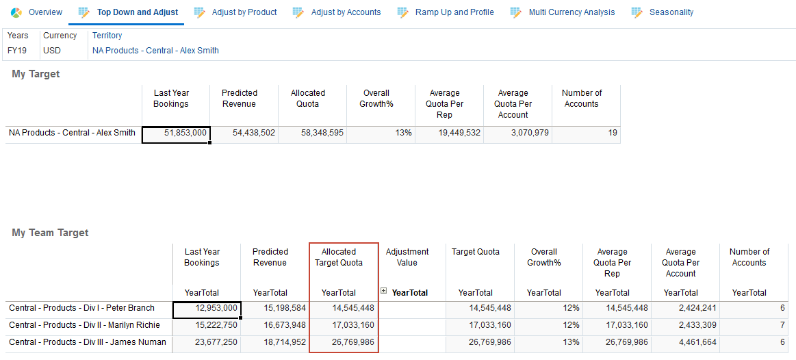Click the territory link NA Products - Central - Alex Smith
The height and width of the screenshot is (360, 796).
click(x=155, y=51)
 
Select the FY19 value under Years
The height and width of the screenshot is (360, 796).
click(x=18, y=51)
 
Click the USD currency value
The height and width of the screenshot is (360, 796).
click(x=51, y=51)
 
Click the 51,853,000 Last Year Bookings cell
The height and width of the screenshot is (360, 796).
click(x=176, y=133)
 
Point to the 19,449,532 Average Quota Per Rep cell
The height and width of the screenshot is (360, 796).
click(x=448, y=133)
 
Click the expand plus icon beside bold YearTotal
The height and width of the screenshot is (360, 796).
click(x=384, y=292)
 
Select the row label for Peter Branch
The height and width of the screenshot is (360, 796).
click(x=82, y=308)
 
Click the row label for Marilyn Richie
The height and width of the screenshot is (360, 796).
click(x=84, y=325)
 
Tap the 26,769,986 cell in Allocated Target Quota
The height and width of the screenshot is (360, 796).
click(x=344, y=342)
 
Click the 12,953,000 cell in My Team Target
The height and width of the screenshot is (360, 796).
click(x=207, y=309)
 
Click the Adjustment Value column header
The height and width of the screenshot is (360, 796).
click(x=407, y=257)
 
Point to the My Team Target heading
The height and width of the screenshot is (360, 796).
click(x=50, y=233)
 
